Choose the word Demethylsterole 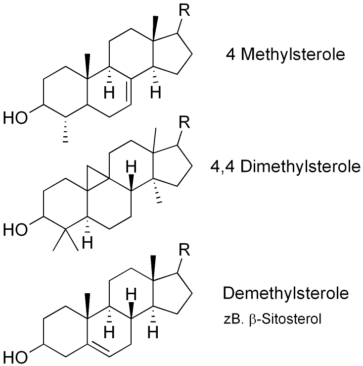click(286, 293)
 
